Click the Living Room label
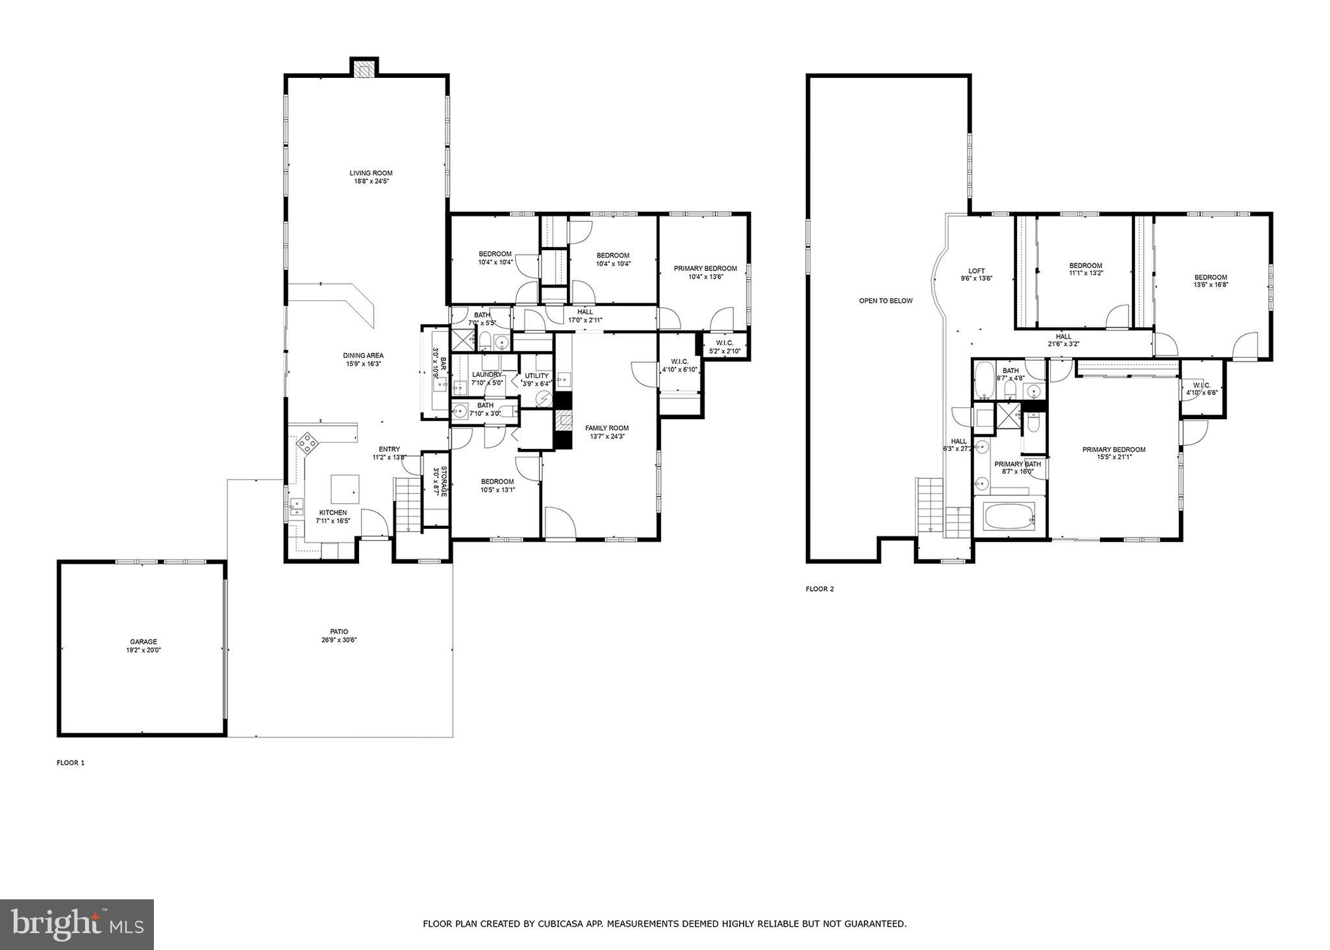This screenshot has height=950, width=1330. tap(371, 173)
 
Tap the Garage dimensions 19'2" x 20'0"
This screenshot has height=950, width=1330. tap(143, 650)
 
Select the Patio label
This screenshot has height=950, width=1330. tap(338, 631)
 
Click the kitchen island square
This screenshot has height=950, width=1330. tap(345, 488)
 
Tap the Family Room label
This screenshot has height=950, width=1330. tap(607, 428)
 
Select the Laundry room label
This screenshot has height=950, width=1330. tap(486, 374)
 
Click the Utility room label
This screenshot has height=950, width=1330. tap(536, 376)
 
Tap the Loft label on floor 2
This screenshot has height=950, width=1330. tap(976, 271)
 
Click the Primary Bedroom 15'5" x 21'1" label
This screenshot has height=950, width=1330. tap(1113, 450)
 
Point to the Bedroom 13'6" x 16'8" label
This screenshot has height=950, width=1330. tap(1210, 277)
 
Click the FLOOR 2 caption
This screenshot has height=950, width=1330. tap(819, 589)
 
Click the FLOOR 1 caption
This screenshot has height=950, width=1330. tap(70, 763)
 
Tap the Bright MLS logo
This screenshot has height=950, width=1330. tap(77, 925)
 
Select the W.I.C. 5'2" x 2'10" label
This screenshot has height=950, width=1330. tap(724, 342)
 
